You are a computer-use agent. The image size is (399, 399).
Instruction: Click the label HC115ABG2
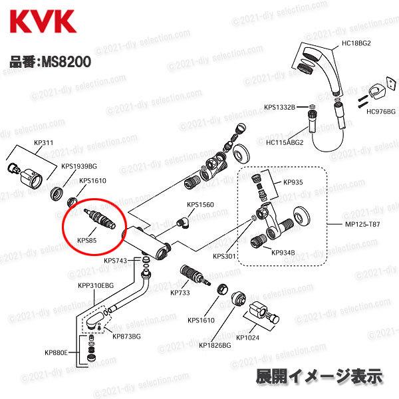pos(285,142)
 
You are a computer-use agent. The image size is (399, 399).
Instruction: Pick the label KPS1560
pos(200,205)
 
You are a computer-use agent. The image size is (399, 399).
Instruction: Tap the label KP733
pos(180,293)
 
